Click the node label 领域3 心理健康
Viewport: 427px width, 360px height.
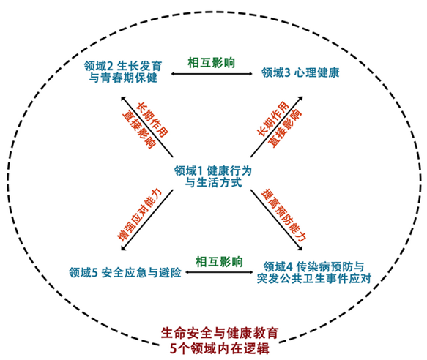pyautogui.click(x=300, y=72)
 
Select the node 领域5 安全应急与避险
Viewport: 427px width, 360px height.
pyautogui.click(x=125, y=272)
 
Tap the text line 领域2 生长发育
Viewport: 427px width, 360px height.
pyautogui.click(x=123, y=66)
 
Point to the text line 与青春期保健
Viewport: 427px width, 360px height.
pyautogui.click(x=123, y=78)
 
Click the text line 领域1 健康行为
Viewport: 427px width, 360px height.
pyautogui.click(x=213, y=171)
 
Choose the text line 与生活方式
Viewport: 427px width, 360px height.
pyautogui.click(x=213, y=182)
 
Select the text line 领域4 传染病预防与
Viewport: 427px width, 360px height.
pyautogui.click(x=313, y=266)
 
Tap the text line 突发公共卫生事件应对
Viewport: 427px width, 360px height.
pyautogui.click(x=314, y=278)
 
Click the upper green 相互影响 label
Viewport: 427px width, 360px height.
pyautogui.click(x=212, y=63)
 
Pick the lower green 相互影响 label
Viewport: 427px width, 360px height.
pyautogui.click(x=219, y=262)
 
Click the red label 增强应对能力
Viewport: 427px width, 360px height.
pyautogui.click(x=139, y=214)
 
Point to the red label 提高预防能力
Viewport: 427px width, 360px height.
pyautogui.click(x=283, y=215)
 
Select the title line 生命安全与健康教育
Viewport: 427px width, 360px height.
pyautogui.click(x=220, y=333)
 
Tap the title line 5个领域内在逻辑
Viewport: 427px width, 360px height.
pyautogui.click(x=220, y=348)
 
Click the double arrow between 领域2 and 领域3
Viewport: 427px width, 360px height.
pyautogui.click(x=212, y=73)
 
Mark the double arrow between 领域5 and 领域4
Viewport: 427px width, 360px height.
pyautogui.click(x=219, y=272)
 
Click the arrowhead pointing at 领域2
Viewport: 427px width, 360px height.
pyautogui.click(x=123, y=99)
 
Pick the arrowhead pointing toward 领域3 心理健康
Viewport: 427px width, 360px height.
pyautogui.click(x=300, y=99)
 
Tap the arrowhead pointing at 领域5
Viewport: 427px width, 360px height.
pyautogui.click(x=123, y=248)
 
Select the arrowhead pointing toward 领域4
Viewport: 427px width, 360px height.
pyautogui.click(x=300, y=248)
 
